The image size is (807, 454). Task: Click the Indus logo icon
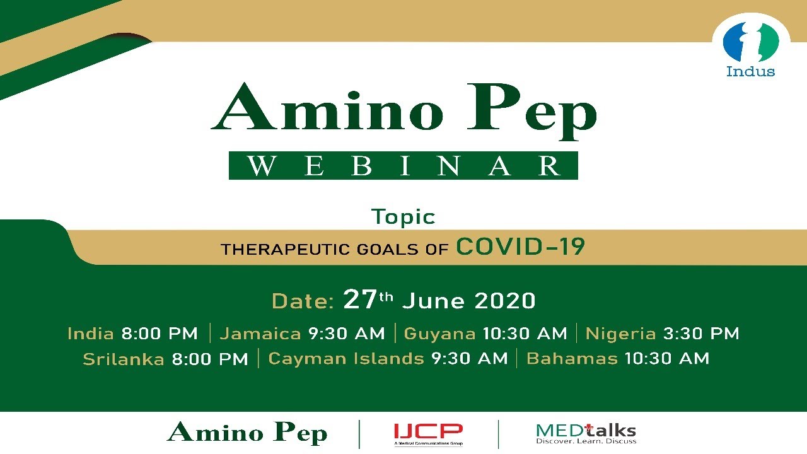coord(751,42)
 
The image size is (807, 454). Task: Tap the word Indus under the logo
coord(750,71)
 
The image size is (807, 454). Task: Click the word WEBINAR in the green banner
coord(403,166)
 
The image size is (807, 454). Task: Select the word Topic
coord(403,217)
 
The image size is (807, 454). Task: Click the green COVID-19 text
coord(521,247)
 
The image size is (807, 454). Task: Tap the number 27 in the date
coord(360,299)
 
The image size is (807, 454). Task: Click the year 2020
coord(505,301)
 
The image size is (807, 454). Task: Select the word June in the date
coord(433,301)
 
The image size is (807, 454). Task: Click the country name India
coord(91,334)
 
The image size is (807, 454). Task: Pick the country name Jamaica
coord(260,334)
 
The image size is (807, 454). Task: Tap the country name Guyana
coord(439,334)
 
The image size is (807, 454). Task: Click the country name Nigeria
coord(621,334)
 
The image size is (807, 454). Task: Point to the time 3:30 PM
coord(702,334)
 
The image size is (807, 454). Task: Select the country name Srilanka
coord(124,359)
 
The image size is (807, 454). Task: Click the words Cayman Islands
coord(346,359)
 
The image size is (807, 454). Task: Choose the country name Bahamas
coord(572,359)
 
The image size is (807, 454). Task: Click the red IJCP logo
coord(428,434)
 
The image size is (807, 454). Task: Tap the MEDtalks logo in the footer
coord(586,434)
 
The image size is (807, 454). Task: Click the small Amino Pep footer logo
coord(247,433)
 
